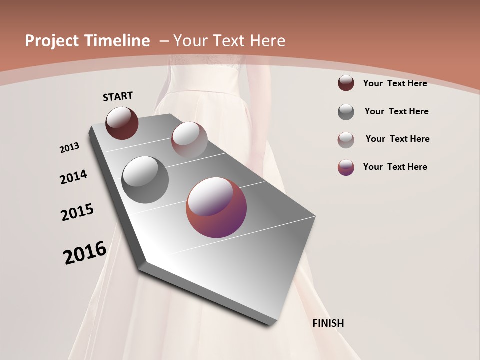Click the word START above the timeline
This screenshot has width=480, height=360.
click(x=118, y=96)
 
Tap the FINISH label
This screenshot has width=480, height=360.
click(x=328, y=323)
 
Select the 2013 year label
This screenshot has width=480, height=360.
click(x=69, y=148)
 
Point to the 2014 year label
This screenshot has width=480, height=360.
click(x=73, y=177)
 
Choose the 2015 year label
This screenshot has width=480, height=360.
click(x=77, y=212)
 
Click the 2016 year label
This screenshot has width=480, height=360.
click(x=85, y=253)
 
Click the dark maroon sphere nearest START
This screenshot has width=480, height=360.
click(x=122, y=123)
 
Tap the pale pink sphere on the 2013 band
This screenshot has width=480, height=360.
click(x=189, y=139)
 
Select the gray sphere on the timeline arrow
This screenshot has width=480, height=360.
click(x=145, y=179)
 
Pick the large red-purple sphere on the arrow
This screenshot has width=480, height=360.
click(x=216, y=207)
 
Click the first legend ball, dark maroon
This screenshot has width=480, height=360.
click(x=346, y=83)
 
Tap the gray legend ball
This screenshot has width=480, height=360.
click(x=346, y=111)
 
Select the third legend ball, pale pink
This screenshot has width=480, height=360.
click(x=346, y=139)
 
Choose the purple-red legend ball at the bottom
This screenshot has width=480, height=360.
click(x=346, y=167)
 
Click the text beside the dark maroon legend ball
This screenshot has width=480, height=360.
click(x=395, y=83)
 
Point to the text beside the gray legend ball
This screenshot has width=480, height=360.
click(x=396, y=111)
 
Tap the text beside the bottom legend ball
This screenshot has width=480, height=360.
click(x=395, y=167)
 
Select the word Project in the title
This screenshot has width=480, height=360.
click(x=52, y=41)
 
